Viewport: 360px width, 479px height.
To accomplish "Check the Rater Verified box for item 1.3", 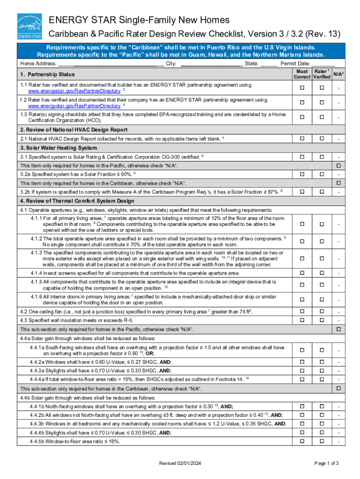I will point(322,117).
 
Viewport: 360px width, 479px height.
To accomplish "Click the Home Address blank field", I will point(111,64).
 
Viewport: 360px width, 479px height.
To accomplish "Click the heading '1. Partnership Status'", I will point(47,74).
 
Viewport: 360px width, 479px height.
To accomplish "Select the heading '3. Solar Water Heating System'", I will point(58,148).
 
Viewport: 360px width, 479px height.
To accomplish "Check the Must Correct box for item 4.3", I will point(302,320).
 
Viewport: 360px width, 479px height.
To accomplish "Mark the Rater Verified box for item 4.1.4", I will point(322,273).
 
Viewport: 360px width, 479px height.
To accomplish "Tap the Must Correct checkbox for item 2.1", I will point(302,139).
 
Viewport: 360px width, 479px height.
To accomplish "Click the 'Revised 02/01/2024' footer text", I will point(180,463).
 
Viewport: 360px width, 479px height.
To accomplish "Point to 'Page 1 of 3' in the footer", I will point(326,463).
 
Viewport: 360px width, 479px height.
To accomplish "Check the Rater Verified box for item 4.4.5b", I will point(322,441).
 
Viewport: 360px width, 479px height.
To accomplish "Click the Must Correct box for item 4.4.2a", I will point(302,362).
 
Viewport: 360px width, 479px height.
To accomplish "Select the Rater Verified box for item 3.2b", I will point(322,192).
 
